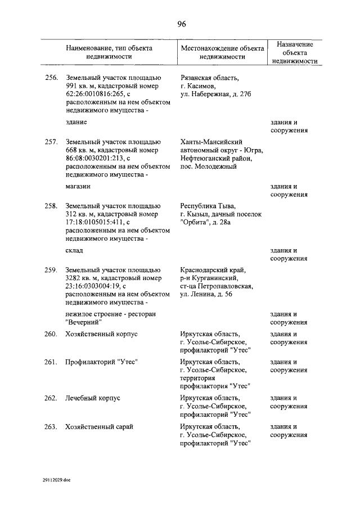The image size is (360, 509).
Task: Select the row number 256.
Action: click(x=51, y=78)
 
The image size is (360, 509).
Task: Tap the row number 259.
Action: click(x=51, y=270)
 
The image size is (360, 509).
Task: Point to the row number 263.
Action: click(x=51, y=426)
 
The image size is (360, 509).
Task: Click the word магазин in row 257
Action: click(x=78, y=186)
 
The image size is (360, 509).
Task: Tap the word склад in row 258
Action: click(x=74, y=250)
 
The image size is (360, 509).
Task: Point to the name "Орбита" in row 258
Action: click(x=193, y=223)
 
